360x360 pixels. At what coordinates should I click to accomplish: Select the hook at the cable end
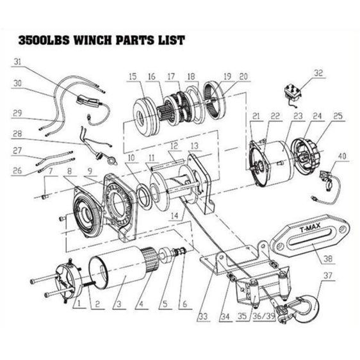(x=304, y=308)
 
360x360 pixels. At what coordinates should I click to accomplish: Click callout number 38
(x=328, y=259)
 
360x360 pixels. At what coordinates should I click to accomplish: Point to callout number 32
(x=318, y=73)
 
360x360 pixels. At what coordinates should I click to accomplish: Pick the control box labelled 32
(x=292, y=94)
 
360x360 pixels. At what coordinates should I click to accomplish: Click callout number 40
(x=342, y=156)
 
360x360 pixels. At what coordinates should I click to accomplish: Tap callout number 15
(x=133, y=76)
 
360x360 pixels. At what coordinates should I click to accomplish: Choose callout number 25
(x=338, y=116)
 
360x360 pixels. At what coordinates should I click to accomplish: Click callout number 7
(x=50, y=170)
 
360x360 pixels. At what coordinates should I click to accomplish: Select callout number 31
(x=17, y=61)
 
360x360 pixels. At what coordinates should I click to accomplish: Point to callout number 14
(x=174, y=215)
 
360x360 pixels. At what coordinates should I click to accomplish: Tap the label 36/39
(x=264, y=316)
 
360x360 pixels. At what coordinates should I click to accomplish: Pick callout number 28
(x=17, y=134)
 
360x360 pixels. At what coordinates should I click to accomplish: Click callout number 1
(x=79, y=304)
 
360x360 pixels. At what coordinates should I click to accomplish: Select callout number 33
(x=203, y=316)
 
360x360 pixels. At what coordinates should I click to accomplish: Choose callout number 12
(x=174, y=145)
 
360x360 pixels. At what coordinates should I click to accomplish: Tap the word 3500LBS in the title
(x=44, y=40)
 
